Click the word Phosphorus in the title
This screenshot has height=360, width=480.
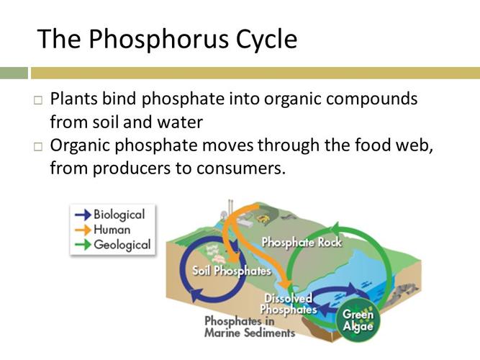[158, 39]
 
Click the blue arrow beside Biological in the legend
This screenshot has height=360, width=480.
[82, 215]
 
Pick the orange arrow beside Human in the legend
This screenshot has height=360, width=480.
[82, 230]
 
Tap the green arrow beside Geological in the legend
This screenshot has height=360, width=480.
[82, 245]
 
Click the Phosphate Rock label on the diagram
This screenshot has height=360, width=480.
[302, 242]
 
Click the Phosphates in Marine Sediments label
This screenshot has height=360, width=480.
[249, 327]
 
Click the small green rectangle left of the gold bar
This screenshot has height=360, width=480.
[13, 73]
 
